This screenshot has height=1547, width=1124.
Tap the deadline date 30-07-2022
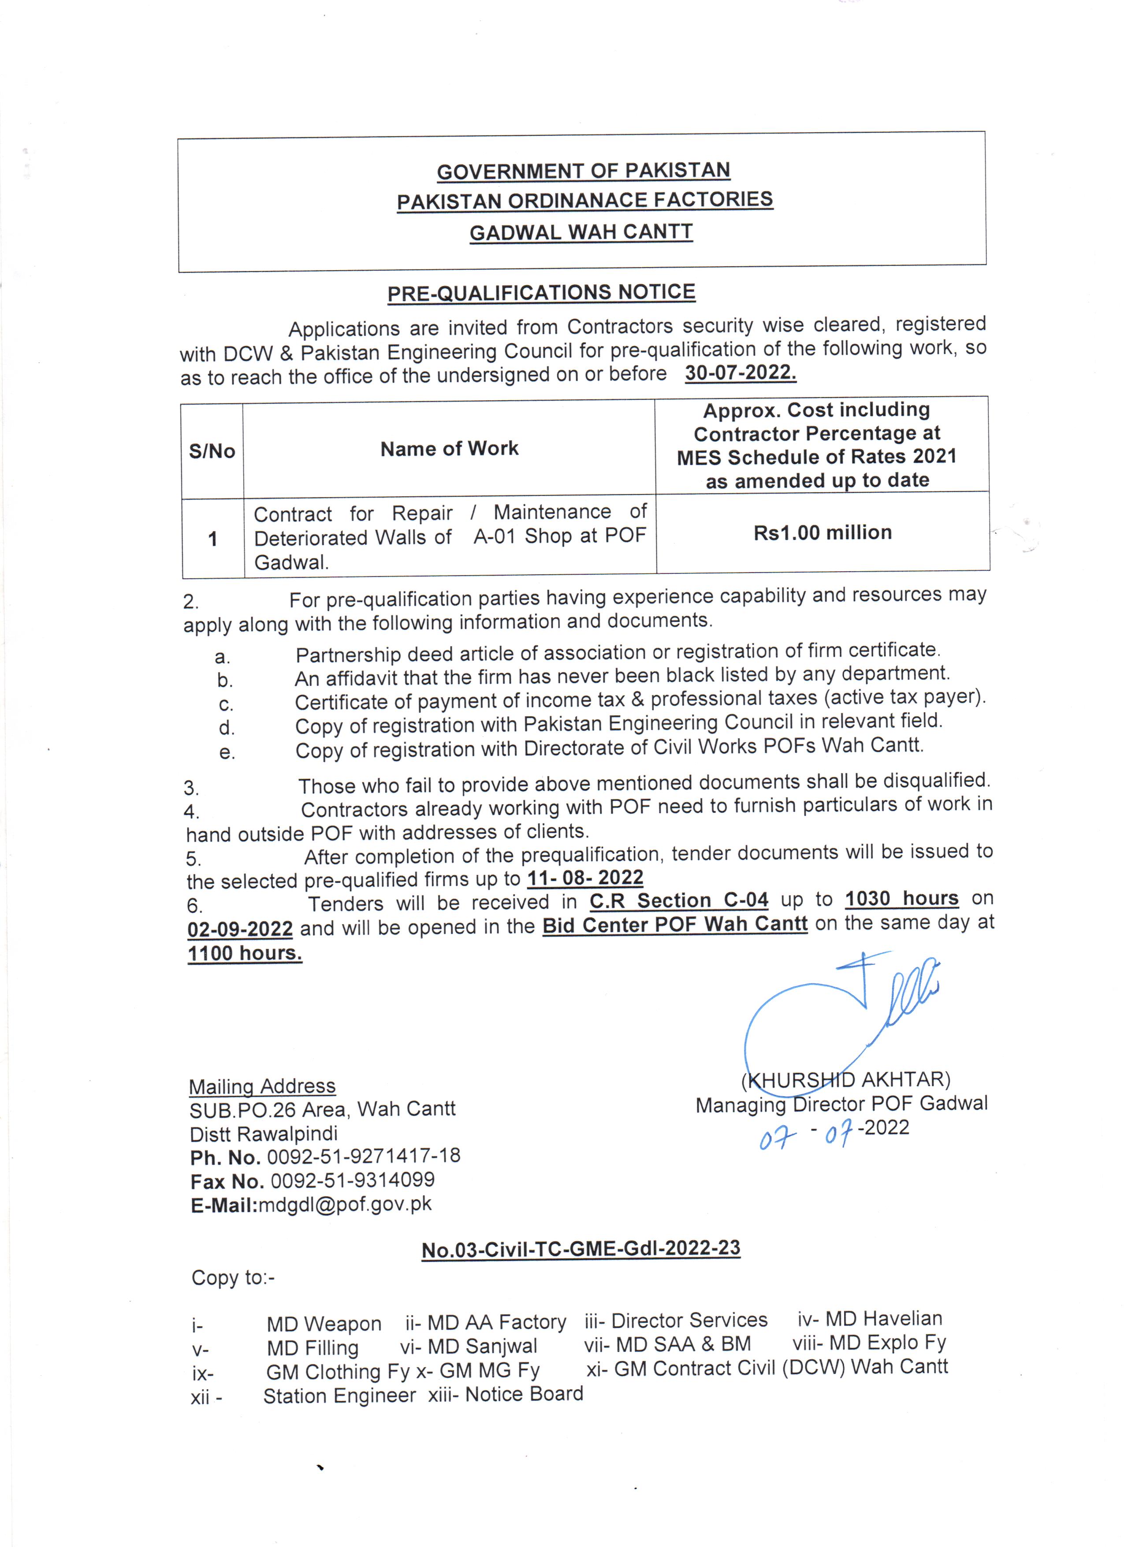(x=741, y=372)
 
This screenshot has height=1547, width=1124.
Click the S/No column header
(x=212, y=451)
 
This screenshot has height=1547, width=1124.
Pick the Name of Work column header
(x=450, y=449)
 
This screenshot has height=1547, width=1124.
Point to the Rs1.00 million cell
(x=823, y=533)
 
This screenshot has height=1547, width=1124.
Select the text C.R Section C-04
(x=679, y=900)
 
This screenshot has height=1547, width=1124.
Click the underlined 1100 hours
(x=245, y=953)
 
